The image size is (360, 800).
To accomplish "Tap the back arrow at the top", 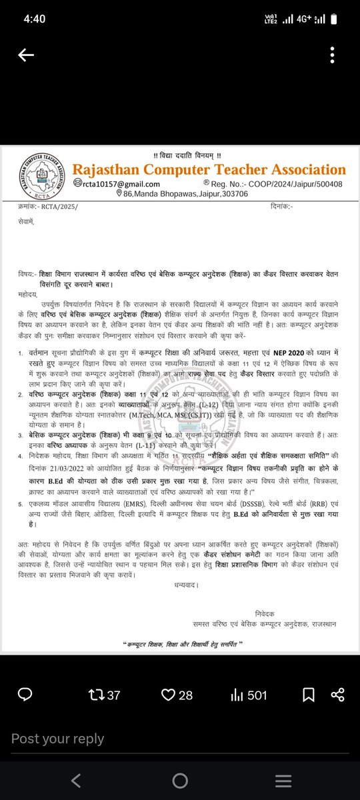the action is coord(26,55).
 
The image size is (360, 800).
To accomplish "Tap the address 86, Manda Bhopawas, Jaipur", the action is coord(177,195).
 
